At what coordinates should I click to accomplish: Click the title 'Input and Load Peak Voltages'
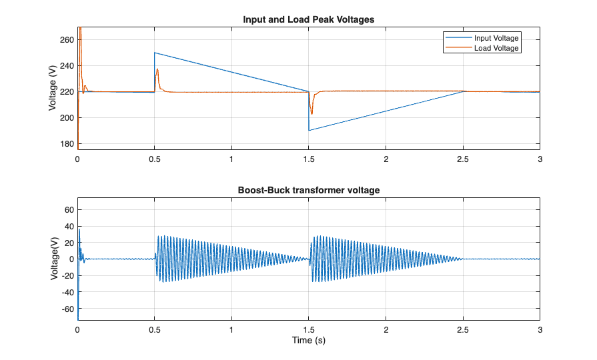click(x=308, y=19)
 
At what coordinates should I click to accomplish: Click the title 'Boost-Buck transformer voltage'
click(x=308, y=190)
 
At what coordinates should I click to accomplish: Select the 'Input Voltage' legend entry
click(x=496, y=38)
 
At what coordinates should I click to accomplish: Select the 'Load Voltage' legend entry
click(x=496, y=47)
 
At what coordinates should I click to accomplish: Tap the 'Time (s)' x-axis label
click(x=308, y=340)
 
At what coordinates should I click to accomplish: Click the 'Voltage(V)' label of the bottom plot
click(x=53, y=259)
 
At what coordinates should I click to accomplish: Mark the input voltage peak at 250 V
click(x=155, y=53)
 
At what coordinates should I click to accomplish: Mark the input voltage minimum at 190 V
click(x=310, y=130)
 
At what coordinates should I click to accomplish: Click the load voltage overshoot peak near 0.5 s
click(x=157, y=69)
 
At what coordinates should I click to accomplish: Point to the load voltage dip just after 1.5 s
click(x=312, y=115)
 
